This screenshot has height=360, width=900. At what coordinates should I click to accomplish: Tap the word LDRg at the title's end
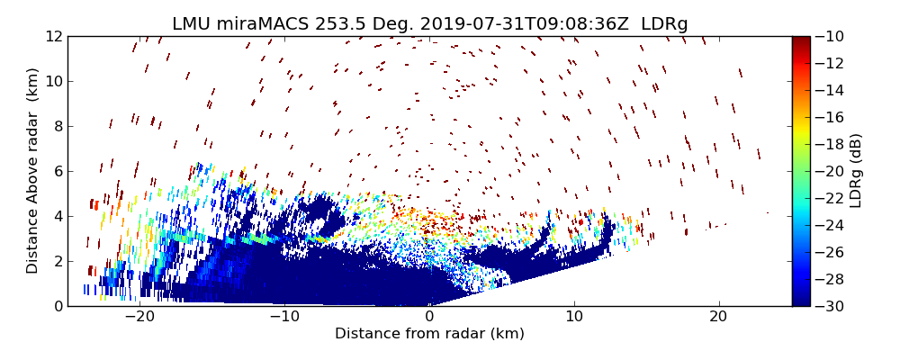point(664,24)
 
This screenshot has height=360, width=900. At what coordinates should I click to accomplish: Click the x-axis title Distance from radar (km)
point(429,334)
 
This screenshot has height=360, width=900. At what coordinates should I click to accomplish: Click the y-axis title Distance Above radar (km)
point(32,171)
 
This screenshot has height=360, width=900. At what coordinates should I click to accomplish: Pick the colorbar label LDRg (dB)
point(856,171)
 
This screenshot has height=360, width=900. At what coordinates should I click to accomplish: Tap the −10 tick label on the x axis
point(284,318)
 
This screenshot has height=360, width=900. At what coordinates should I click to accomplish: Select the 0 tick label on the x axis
point(429,318)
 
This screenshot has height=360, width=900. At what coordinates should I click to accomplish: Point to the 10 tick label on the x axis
point(574,318)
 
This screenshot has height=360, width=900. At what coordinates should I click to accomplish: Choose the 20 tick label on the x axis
point(718,318)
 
